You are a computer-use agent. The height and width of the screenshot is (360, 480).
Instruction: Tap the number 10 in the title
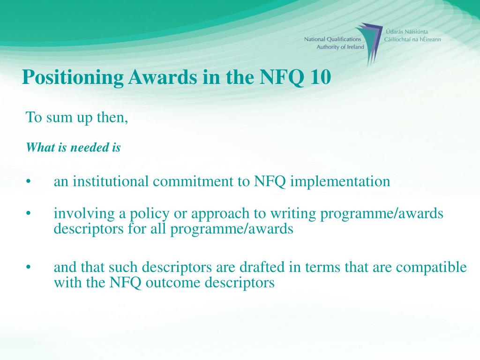[x=320, y=77]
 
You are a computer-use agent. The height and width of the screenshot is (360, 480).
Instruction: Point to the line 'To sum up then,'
[x=77, y=117]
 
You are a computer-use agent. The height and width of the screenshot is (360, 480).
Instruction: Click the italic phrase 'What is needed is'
[x=73, y=148]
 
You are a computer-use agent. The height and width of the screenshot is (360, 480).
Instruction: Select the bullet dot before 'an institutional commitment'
[x=29, y=182]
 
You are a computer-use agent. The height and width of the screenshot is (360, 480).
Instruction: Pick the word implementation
[x=340, y=181]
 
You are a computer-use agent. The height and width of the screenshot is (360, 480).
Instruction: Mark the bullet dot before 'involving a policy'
[x=29, y=214]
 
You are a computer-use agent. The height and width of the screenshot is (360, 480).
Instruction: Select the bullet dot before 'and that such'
[x=29, y=268]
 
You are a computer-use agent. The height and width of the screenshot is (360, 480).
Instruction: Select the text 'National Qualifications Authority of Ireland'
[x=334, y=44]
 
